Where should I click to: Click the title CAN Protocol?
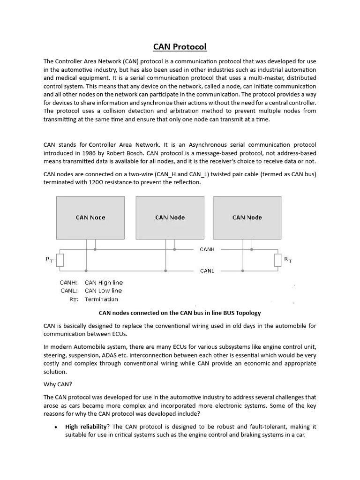pyautogui.click(x=180, y=47)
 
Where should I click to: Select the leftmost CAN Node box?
pyautogui.click(x=90, y=217)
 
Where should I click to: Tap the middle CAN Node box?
pyautogui.click(x=170, y=217)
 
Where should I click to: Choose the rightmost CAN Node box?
pyautogui.click(x=247, y=217)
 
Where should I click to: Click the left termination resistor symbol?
pyautogui.click(x=60, y=260)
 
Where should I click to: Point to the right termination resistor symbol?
pyautogui.click(x=278, y=260)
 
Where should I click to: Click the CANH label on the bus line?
pyautogui.click(x=207, y=249)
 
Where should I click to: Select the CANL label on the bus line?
pyautogui.click(x=207, y=271)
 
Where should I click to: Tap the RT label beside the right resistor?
pyautogui.click(x=288, y=259)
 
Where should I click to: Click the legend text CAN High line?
pyautogui.click(x=104, y=283)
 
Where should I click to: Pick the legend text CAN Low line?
pyautogui.click(x=103, y=291)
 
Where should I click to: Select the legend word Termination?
pyautogui.click(x=101, y=299)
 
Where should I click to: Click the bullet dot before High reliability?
pyautogui.click(x=56, y=427)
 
